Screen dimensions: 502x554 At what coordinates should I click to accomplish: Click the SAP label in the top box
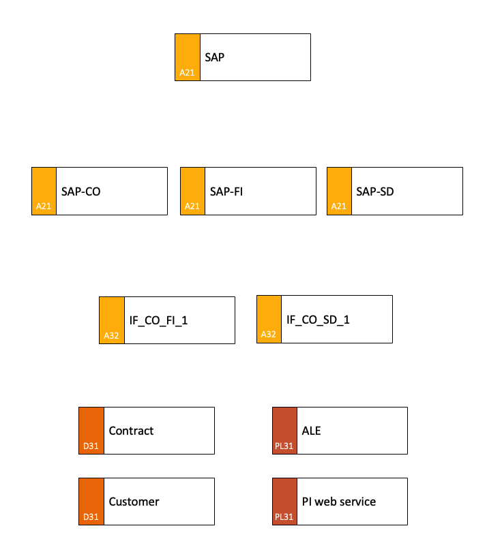click(214, 57)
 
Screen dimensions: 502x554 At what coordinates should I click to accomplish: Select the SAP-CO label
click(80, 191)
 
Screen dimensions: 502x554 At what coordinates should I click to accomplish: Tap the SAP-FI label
click(226, 191)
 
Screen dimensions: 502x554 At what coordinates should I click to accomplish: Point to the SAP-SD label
click(374, 191)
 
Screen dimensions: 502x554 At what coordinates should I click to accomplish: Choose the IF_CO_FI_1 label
click(158, 320)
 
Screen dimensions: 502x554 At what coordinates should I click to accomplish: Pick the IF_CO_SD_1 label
click(318, 320)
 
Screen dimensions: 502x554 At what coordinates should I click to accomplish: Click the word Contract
click(131, 431)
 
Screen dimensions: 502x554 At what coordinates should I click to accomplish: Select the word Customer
click(134, 502)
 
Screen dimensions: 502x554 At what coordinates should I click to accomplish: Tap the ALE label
click(311, 431)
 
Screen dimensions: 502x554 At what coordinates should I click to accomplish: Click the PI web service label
click(338, 502)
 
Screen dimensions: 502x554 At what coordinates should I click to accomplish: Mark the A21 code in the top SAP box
click(187, 73)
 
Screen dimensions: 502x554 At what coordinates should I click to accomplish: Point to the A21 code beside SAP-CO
click(44, 206)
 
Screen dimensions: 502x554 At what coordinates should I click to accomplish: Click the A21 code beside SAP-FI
click(192, 206)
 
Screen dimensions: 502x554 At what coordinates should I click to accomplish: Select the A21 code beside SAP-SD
click(338, 206)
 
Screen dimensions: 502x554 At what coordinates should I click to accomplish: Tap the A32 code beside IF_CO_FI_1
click(111, 336)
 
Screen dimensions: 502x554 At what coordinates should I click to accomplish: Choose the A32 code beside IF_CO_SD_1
click(268, 334)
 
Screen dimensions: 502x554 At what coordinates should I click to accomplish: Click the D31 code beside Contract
click(91, 446)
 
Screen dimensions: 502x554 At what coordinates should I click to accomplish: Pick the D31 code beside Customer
click(91, 517)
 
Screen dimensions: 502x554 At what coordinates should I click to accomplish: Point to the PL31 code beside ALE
click(284, 446)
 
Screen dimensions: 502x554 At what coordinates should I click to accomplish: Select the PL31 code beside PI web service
click(284, 517)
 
